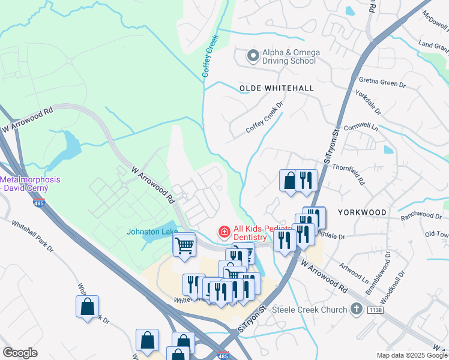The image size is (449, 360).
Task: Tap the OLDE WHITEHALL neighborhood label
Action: [x=276, y=88]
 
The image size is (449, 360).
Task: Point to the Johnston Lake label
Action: [x=149, y=232]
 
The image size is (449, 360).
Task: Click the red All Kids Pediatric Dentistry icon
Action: [x=224, y=231]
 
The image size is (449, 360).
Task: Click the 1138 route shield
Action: [x=375, y=309]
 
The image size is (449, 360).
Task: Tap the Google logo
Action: [x=20, y=353]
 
